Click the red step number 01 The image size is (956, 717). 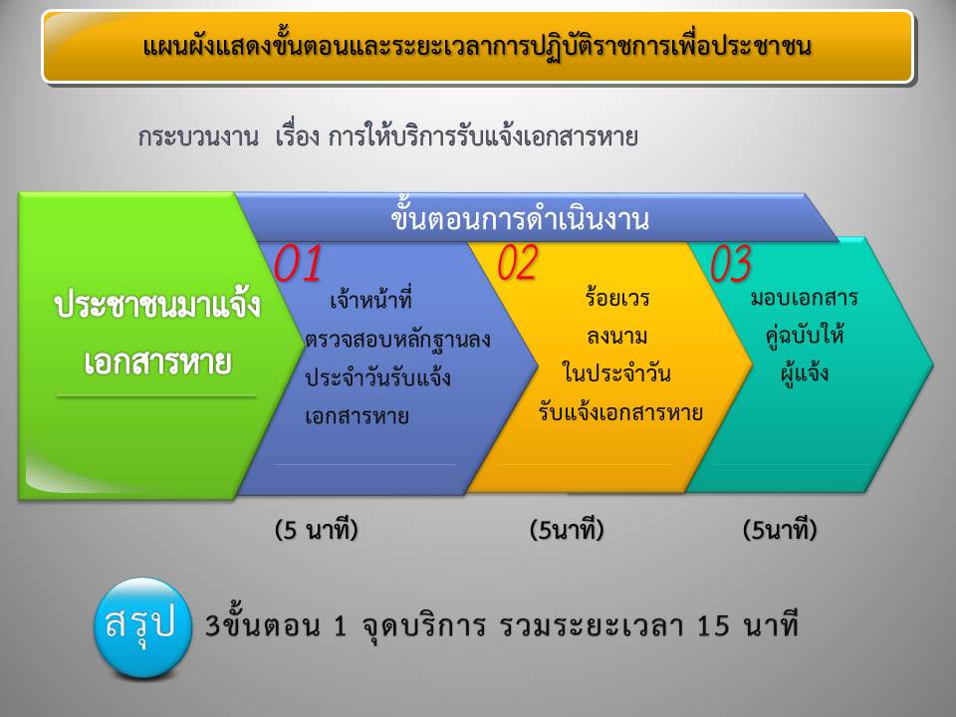pos(298,263)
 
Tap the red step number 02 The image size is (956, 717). pos(518,263)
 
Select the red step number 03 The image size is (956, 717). pos(730,263)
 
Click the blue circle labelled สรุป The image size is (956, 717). pos(142,627)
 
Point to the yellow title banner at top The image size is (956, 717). pos(477,47)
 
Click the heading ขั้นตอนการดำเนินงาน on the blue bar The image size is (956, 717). pos(520,218)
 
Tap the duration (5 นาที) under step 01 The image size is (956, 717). pos(316,530)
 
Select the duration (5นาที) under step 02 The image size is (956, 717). pos(567,530)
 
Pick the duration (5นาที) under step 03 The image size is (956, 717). pos(779,530)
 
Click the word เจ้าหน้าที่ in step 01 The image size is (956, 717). pos(370,300)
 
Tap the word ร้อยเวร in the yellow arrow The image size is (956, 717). pos(617,298)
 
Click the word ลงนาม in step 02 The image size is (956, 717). pos(617,337)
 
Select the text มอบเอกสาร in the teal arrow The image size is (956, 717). pos(805,298)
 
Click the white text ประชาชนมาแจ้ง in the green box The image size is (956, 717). pos(157,305)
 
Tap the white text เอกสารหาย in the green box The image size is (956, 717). pos(157,362)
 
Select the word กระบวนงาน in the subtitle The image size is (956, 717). pos(198,136)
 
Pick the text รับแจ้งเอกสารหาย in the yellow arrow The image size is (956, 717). pos(620,411)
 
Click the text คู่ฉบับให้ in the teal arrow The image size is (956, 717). pos(805,335)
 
